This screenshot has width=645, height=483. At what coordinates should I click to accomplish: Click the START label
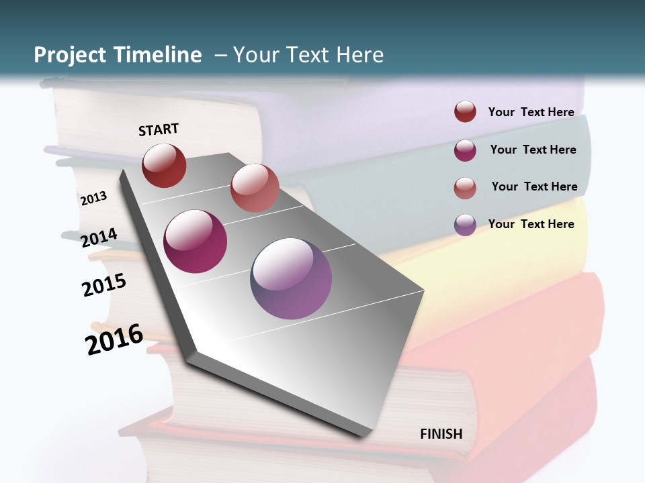(x=159, y=129)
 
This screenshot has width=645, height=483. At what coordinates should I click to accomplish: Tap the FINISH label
(x=441, y=434)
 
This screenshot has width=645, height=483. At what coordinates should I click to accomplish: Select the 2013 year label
(x=93, y=199)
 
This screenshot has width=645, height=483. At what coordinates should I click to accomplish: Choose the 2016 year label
(x=114, y=339)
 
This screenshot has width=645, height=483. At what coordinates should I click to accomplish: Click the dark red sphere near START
(x=164, y=165)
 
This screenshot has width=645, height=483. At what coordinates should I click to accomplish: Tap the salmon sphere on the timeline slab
(x=255, y=188)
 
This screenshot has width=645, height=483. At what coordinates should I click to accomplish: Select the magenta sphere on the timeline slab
(x=196, y=241)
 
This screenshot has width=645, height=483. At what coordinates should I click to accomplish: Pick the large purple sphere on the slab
(x=291, y=278)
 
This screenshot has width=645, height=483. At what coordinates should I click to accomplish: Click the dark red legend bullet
(x=465, y=112)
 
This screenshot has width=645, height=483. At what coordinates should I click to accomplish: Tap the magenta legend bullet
(x=465, y=150)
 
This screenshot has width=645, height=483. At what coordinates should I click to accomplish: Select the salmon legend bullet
(x=465, y=187)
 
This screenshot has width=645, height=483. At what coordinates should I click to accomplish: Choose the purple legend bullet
(x=465, y=224)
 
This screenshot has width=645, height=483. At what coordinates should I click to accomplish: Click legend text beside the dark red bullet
(x=531, y=112)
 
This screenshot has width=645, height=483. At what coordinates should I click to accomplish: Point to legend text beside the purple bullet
(x=531, y=224)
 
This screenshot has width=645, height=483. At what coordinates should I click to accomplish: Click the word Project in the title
(x=69, y=55)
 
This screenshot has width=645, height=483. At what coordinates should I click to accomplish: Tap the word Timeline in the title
(x=159, y=55)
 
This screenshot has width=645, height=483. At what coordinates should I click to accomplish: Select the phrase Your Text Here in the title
(x=308, y=55)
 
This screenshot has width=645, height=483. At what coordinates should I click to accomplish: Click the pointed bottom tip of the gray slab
(x=363, y=435)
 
